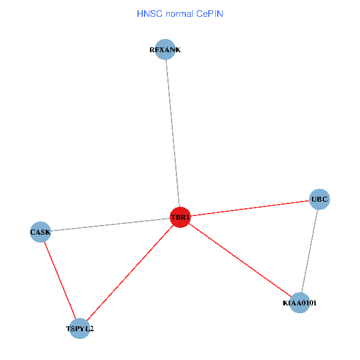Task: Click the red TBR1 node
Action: [x=180, y=217]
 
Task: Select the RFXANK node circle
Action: [x=165, y=50]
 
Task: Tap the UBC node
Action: [x=319, y=199]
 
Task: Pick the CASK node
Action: [x=40, y=232]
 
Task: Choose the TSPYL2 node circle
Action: [x=79, y=329]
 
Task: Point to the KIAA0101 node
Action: [x=299, y=303]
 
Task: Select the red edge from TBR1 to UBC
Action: [x=250, y=208]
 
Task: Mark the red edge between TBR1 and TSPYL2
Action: [x=130, y=273]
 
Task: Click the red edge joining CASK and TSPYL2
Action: [x=60, y=280]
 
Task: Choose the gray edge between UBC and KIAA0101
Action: [x=310, y=251]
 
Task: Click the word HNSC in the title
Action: [x=148, y=13]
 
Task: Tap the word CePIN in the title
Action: [x=209, y=13]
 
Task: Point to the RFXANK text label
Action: [x=165, y=50]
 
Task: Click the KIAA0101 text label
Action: [x=299, y=303]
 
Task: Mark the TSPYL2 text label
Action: [x=79, y=329]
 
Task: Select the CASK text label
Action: [x=40, y=232]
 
